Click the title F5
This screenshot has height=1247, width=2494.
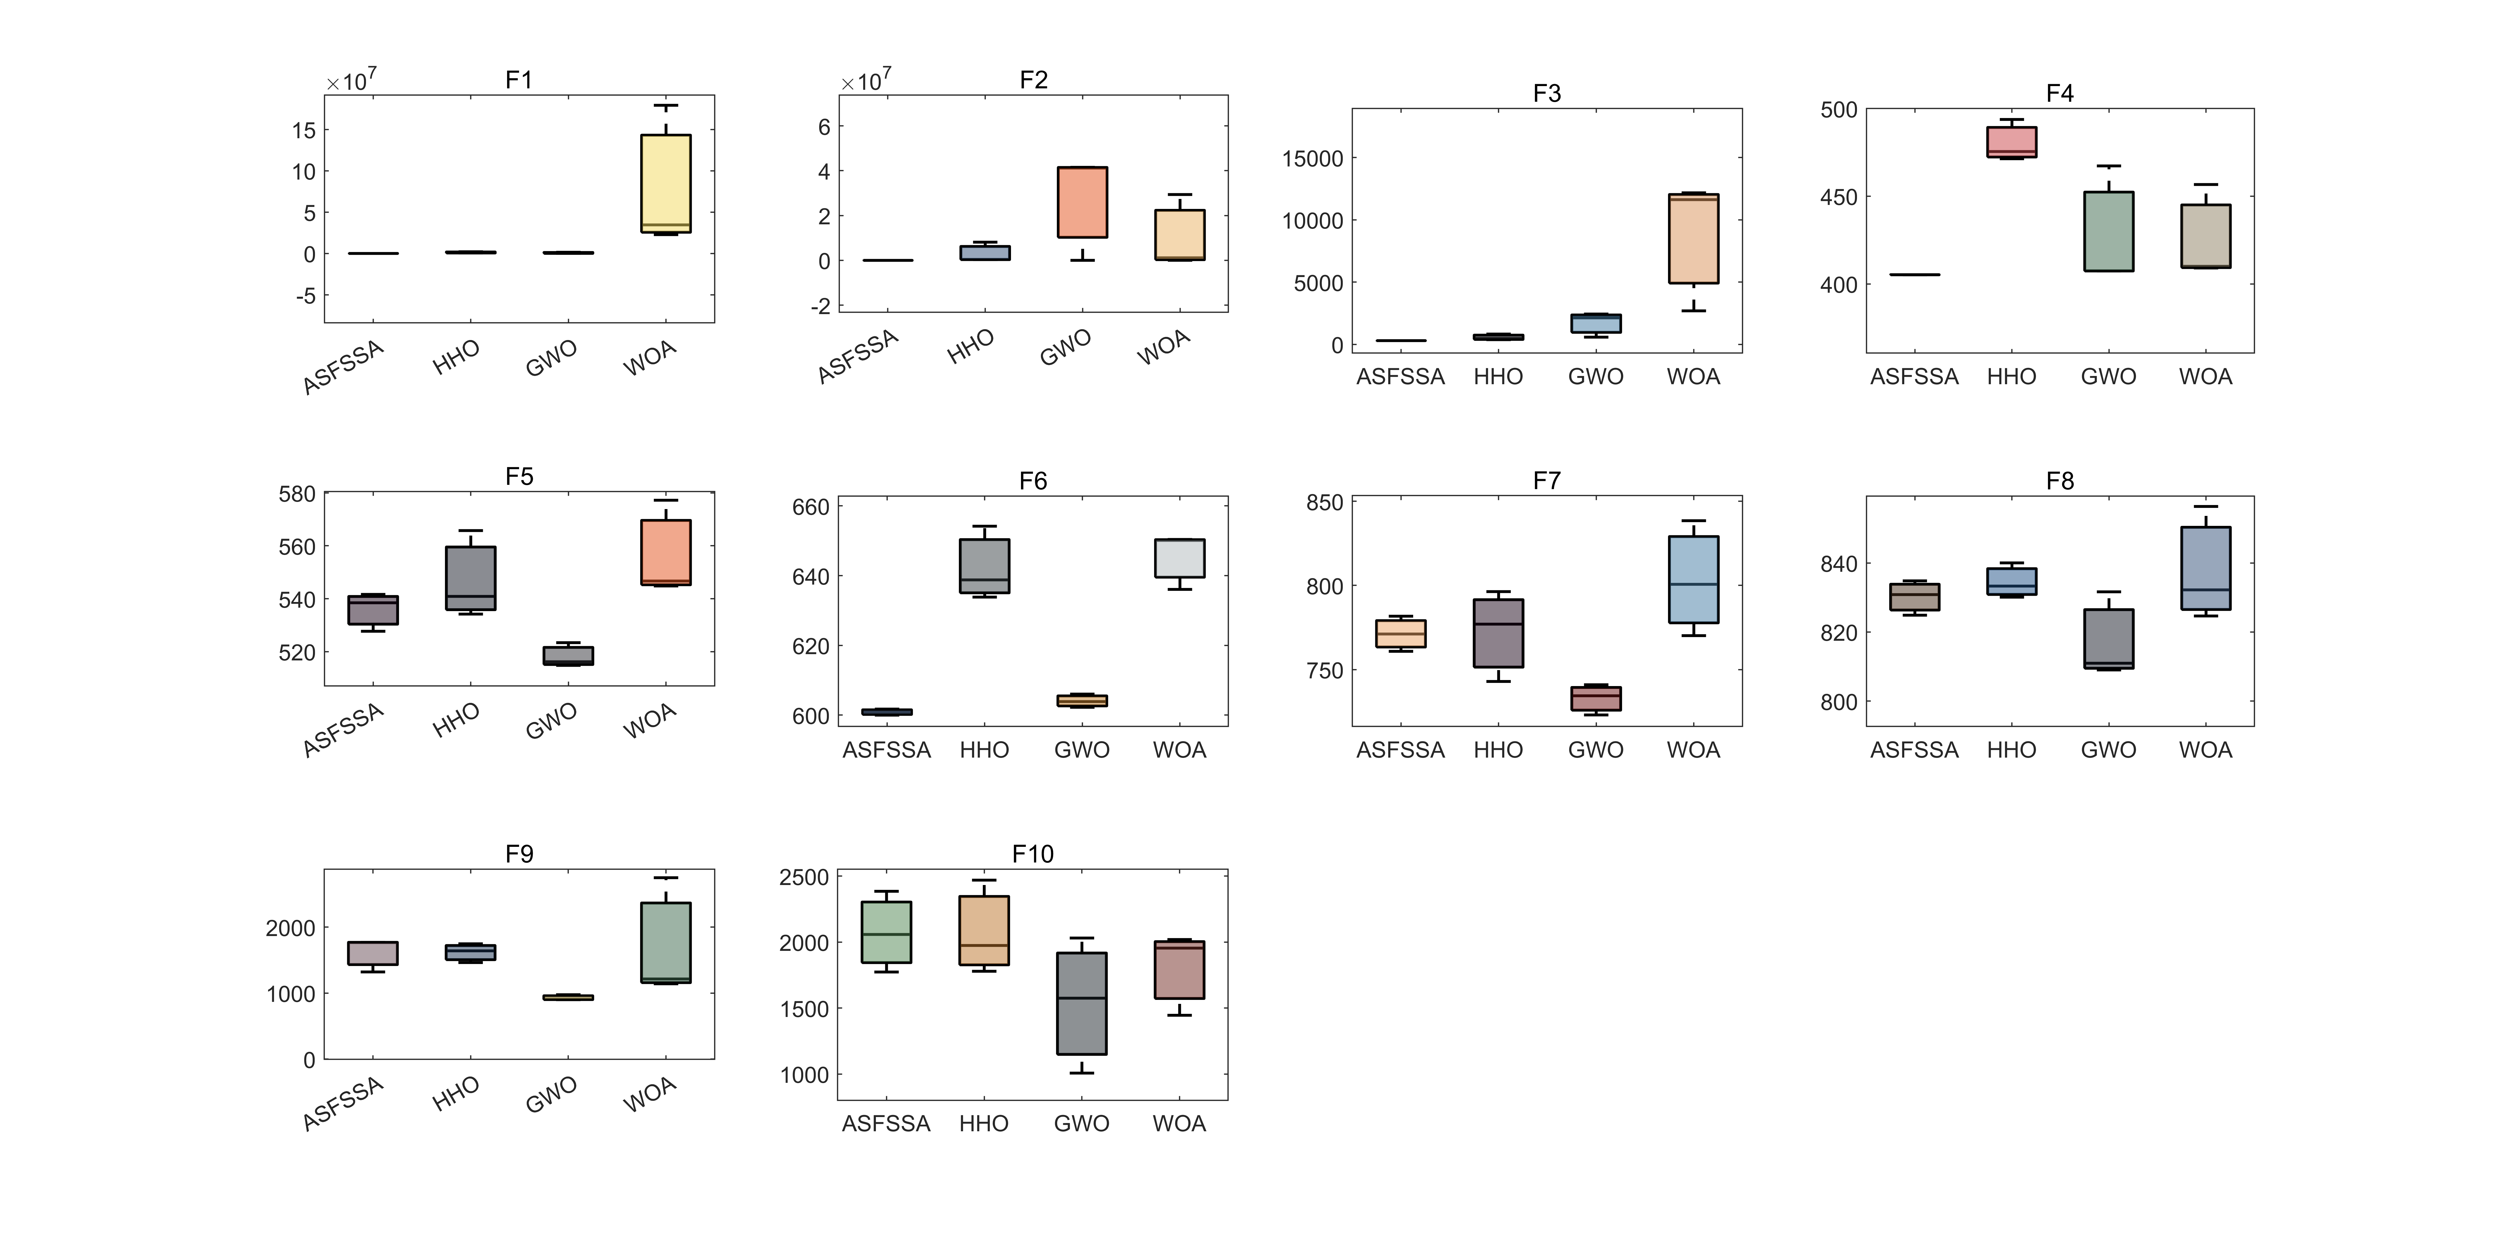pos(519,476)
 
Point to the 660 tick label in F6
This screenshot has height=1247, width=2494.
pos(811,507)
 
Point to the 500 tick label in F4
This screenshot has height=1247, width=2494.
pos(1838,110)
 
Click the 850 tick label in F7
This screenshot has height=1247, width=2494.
pos(1325,503)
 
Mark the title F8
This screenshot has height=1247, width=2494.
pos(2059,481)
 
